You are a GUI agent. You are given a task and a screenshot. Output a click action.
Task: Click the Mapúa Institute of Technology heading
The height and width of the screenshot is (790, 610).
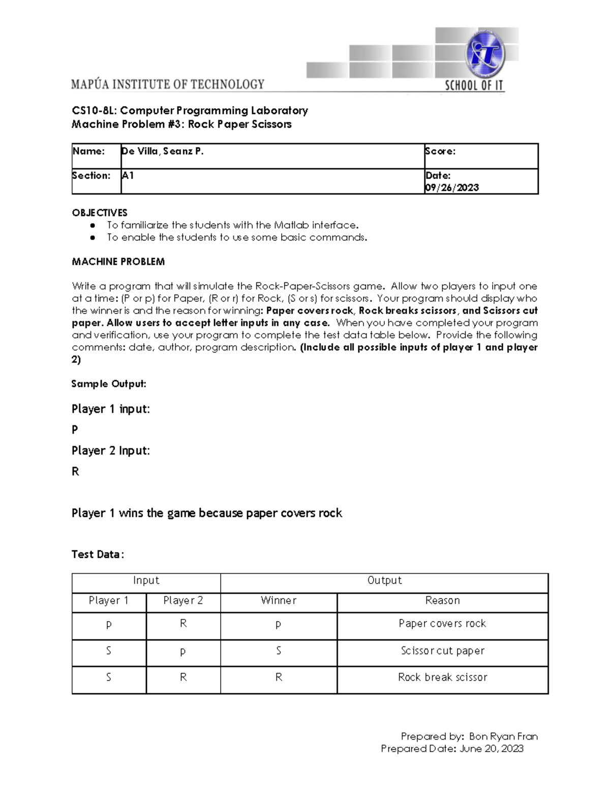pos(168,84)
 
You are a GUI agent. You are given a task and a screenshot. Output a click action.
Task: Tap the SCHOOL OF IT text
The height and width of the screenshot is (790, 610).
pos(474,85)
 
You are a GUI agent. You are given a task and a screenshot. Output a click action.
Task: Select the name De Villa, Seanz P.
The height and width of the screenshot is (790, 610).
pos(163,151)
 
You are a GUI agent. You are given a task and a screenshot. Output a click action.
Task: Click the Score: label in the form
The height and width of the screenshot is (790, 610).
pos(440,151)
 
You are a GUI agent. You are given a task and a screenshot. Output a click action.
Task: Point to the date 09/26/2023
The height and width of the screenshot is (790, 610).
pos(452,188)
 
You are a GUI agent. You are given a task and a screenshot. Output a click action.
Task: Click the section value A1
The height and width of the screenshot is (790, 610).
pos(128,175)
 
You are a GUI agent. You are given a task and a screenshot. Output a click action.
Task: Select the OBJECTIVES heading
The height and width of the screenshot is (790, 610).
pos(100,213)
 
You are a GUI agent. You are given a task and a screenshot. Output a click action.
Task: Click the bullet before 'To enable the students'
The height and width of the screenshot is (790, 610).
pos(93,238)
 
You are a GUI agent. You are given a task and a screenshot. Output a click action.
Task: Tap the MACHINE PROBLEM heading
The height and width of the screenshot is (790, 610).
pos(118,261)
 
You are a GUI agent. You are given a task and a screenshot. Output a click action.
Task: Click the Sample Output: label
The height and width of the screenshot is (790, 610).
pos(109,384)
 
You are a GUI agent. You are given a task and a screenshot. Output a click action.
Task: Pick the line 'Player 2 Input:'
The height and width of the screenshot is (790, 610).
pos(110,451)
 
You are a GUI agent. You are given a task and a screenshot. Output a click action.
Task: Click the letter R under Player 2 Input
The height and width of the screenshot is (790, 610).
pos(75,472)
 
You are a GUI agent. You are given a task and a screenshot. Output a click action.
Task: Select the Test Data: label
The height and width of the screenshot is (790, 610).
pos(98,554)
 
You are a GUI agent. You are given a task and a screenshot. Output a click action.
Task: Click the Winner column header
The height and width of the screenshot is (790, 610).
pos(279,600)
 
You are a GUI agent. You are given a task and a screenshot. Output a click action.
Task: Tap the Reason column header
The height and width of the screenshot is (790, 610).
pos(442,600)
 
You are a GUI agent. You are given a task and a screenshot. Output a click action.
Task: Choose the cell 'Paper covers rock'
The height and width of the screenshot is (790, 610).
pos(442,623)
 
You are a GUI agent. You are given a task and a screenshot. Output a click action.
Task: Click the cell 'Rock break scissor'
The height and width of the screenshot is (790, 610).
pos(442,677)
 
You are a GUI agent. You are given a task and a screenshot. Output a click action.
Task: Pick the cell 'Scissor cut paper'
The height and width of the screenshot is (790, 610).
pos(442,651)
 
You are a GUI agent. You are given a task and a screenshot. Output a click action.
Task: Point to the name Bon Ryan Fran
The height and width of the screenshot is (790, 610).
pos(503,736)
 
